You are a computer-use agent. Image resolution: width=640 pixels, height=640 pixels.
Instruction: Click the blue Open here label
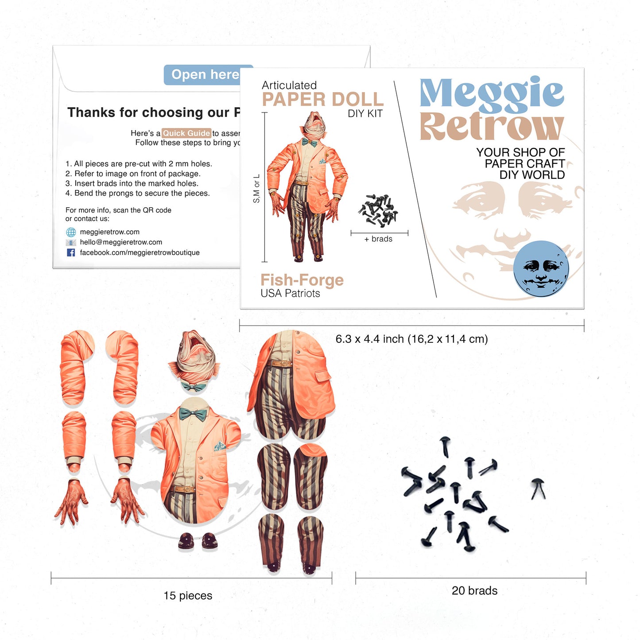click(x=205, y=75)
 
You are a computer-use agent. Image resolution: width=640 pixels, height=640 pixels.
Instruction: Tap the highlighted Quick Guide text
click(x=186, y=133)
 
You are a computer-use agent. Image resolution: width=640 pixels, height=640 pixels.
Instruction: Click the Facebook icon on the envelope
click(x=71, y=252)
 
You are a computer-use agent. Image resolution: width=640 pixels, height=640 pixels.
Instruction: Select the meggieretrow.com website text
click(x=109, y=232)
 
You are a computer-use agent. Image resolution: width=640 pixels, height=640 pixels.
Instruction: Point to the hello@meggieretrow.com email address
click(x=121, y=242)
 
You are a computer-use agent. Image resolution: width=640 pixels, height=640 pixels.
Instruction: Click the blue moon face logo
click(x=541, y=268)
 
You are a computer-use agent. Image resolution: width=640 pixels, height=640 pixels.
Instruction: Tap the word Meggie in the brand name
click(x=491, y=93)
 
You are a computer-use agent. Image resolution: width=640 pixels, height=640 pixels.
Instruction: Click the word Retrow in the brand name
click(x=491, y=127)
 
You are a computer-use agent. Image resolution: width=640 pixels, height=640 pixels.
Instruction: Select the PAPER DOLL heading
click(x=322, y=100)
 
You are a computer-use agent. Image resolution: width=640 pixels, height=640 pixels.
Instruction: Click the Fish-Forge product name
click(x=302, y=280)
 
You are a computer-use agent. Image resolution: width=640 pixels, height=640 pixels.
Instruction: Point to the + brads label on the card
click(x=378, y=239)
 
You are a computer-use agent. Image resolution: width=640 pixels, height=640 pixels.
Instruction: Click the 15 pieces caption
click(x=188, y=596)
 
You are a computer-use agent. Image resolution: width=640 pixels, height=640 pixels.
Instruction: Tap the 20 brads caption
click(x=474, y=591)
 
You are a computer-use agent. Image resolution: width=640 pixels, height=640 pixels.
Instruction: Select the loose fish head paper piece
click(x=194, y=357)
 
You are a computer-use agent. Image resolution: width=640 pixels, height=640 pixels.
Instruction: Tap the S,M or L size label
click(x=256, y=189)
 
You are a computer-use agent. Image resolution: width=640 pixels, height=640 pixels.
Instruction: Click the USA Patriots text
click(x=290, y=294)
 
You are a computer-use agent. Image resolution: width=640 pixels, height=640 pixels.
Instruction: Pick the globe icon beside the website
click(x=71, y=232)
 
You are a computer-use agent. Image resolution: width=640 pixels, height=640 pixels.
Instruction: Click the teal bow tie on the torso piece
click(x=193, y=415)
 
